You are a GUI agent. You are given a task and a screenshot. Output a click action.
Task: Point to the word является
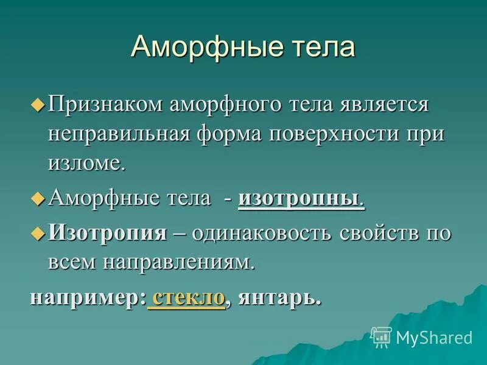click(x=385, y=105)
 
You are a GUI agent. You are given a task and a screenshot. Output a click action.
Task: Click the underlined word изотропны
click(x=301, y=199)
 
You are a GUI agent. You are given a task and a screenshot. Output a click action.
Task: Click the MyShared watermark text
click(x=434, y=337)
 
